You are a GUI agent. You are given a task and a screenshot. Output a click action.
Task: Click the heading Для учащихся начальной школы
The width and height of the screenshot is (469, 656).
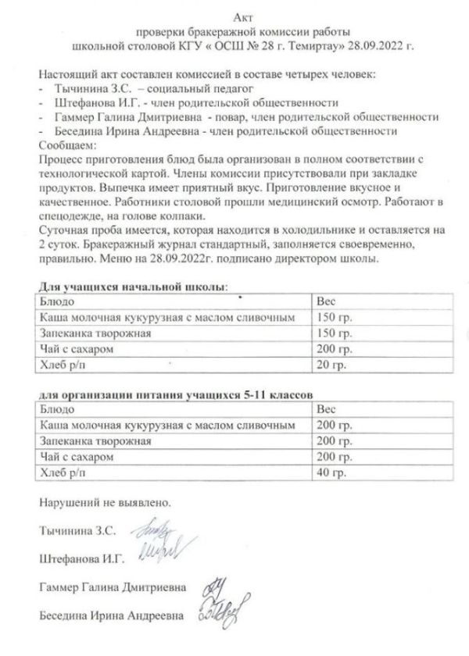[133, 287]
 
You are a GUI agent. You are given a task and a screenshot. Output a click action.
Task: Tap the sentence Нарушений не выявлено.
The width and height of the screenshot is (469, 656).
[103, 504]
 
